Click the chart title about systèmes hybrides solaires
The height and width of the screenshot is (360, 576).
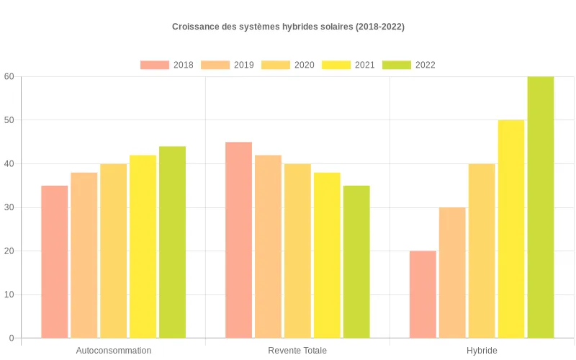click(x=288, y=27)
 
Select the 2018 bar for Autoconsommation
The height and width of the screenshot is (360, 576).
click(x=54, y=261)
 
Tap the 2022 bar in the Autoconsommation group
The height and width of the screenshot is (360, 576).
click(x=172, y=242)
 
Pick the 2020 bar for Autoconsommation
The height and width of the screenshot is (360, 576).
click(x=113, y=251)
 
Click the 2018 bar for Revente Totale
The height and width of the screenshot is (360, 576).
click(x=238, y=240)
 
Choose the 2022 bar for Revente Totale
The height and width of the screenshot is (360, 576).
click(x=356, y=261)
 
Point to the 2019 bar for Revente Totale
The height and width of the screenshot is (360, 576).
click(x=268, y=246)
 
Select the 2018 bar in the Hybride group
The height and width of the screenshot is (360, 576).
click(x=423, y=294)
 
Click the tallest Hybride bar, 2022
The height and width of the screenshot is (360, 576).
click(x=541, y=207)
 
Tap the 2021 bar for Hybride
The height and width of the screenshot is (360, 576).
click(x=511, y=229)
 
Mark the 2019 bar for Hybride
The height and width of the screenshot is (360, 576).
click(x=452, y=272)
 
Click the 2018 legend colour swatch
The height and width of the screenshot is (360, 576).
click(x=155, y=65)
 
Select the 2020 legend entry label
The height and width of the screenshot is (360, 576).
click(x=304, y=65)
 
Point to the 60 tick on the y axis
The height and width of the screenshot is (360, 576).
click(x=9, y=76)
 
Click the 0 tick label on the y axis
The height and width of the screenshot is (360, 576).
click(x=12, y=338)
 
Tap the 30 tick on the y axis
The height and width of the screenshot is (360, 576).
click(x=9, y=207)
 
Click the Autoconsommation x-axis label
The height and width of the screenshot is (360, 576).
click(x=113, y=351)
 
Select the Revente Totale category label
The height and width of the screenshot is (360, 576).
click(x=297, y=351)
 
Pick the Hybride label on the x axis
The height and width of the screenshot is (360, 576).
click(x=482, y=351)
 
